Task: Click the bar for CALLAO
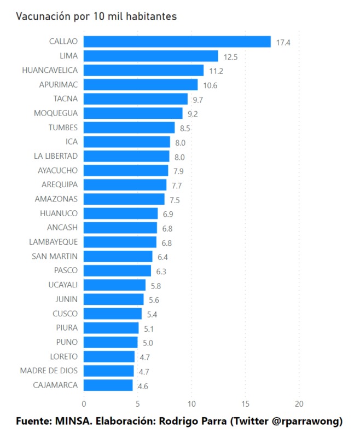(177, 42)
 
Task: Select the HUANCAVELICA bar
(143, 70)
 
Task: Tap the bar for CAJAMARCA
(108, 385)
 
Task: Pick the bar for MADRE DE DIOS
(108, 371)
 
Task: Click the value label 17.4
(283, 42)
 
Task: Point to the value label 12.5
(230, 56)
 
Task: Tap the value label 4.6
(143, 385)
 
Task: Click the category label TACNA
(66, 99)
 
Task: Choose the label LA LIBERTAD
(56, 156)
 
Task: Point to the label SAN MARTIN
(55, 256)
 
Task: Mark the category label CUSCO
(65, 314)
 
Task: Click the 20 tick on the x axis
(299, 404)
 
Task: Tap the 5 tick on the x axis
(137, 404)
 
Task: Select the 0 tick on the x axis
(84, 404)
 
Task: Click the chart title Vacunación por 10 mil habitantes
(96, 16)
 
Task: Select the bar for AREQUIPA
(125, 184)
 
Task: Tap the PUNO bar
(111, 342)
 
